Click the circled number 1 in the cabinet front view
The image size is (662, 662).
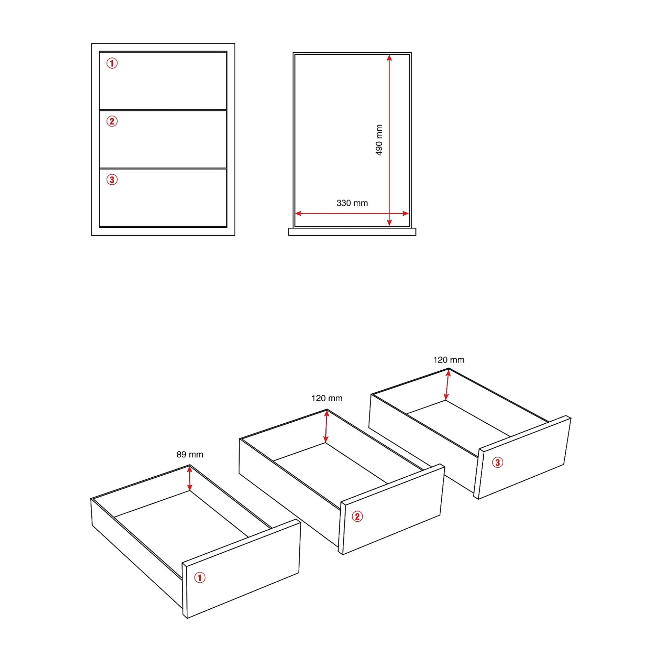click(112, 63)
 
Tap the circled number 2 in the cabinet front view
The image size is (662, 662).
click(112, 121)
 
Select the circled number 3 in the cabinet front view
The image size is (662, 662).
click(112, 180)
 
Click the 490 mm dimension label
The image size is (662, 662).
click(379, 140)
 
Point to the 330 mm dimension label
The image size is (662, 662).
click(352, 203)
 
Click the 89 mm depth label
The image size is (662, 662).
click(189, 454)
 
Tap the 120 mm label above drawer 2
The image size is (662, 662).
click(327, 398)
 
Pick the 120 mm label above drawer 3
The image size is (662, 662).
click(449, 360)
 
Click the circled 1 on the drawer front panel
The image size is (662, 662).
click(200, 578)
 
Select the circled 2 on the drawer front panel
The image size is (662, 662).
click(357, 517)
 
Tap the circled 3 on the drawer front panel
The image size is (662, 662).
click(498, 462)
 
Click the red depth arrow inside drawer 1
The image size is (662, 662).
click(189, 479)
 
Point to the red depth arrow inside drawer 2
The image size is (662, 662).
click(326, 427)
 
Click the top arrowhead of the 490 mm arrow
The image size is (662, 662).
click(389, 58)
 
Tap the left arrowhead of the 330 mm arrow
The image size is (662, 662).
click(298, 213)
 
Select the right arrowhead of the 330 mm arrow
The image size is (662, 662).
click(406, 213)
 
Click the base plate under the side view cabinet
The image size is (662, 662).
click(352, 232)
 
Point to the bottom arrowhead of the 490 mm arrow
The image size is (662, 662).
click(389, 223)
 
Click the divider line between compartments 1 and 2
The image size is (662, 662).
click(163, 110)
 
